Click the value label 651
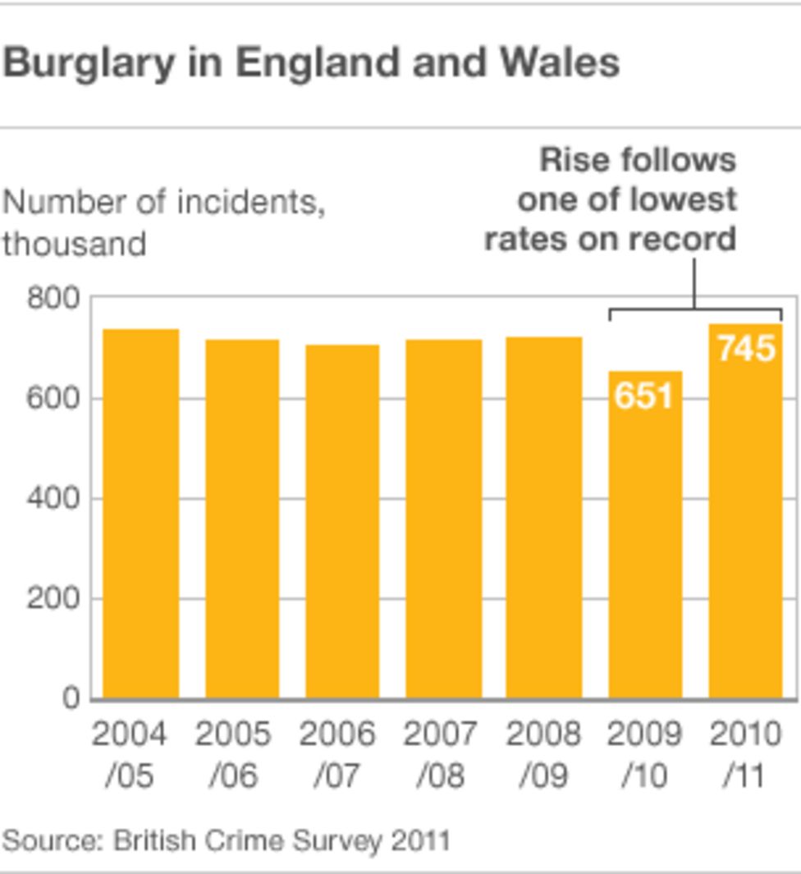pos(644,396)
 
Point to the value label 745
pos(745,348)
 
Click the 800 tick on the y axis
pos(53,298)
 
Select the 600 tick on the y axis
pos(53,398)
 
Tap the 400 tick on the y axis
pos(53,498)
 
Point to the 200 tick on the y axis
pos(53,598)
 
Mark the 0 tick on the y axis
pos(72,698)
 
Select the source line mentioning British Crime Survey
pos(226,840)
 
